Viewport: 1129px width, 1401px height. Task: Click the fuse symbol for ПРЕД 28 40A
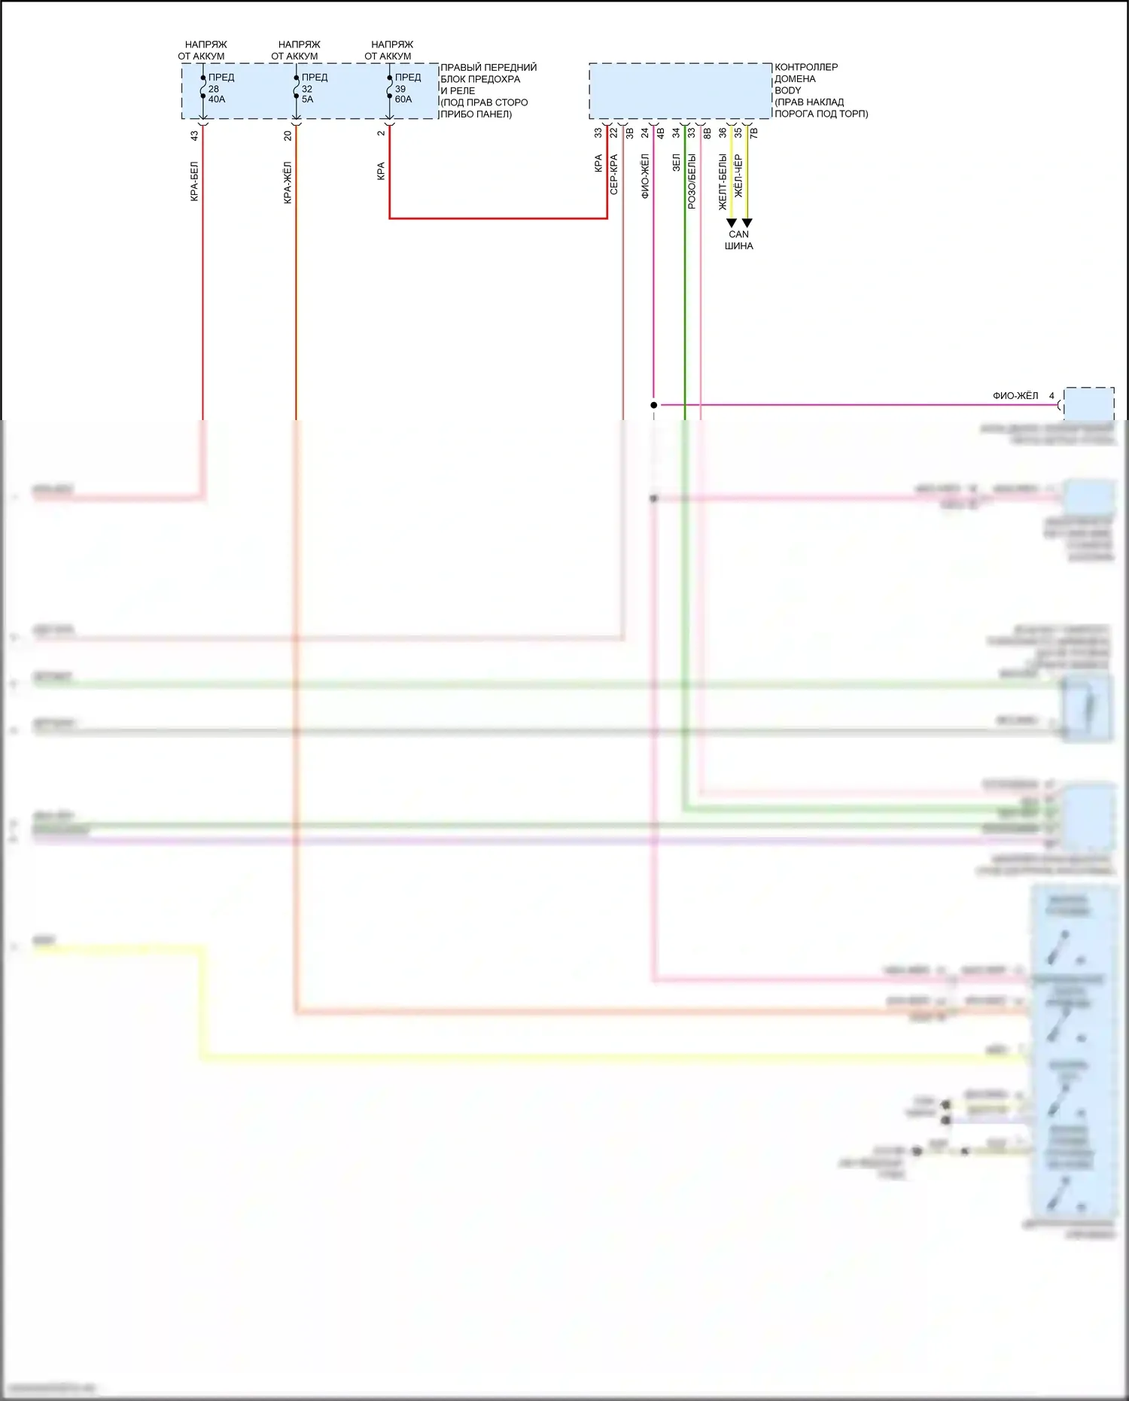[x=203, y=87]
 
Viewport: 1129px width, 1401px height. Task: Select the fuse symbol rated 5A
[x=297, y=87]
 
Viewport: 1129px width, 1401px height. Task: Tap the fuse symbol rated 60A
[x=390, y=87]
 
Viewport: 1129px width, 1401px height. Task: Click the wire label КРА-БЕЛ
[x=194, y=181]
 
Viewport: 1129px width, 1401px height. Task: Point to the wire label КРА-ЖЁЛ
[x=288, y=182]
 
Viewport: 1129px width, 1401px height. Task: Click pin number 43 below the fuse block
[x=194, y=136]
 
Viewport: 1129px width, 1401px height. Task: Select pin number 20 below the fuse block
[x=288, y=136]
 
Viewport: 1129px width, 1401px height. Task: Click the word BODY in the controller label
[x=788, y=90]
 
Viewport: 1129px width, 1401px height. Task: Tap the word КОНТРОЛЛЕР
[x=806, y=67]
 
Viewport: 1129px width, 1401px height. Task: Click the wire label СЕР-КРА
[x=614, y=175]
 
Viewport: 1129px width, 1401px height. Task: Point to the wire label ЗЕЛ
[x=676, y=163]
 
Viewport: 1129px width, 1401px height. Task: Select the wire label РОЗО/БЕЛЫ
[x=692, y=181]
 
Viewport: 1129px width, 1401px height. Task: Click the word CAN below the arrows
[x=738, y=234]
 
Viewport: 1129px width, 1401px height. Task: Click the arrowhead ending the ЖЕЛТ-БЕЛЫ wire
[x=731, y=223]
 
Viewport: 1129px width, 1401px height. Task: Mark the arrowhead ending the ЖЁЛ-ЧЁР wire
[x=747, y=223]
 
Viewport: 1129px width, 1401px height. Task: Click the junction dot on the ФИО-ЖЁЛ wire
[x=654, y=405]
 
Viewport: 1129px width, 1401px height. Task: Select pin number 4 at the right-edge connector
[x=1051, y=396]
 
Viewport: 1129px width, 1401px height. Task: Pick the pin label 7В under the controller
[x=754, y=132]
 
